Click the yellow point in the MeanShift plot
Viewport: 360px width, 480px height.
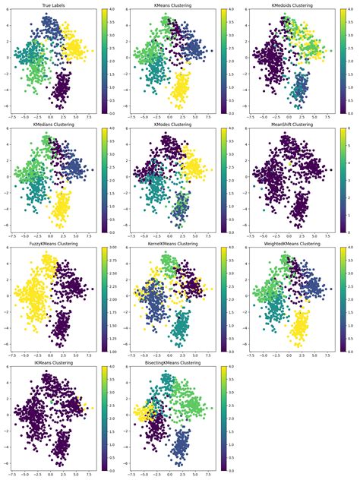pyautogui.click(x=290, y=163)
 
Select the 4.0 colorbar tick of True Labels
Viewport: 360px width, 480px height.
pyautogui.click(x=109, y=11)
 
